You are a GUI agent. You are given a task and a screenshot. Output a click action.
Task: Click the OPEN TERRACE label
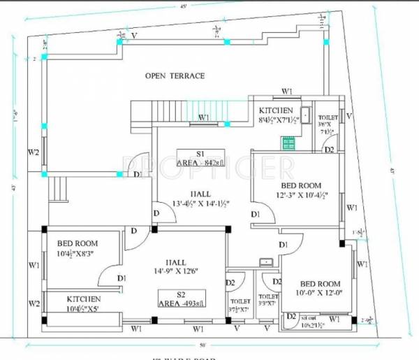click(x=175, y=75)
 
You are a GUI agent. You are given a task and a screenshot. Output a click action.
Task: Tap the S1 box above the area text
click(x=200, y=153)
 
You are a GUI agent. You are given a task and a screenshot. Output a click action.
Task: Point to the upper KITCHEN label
click(x=276, y=111)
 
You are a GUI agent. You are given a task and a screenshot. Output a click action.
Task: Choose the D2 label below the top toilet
click(x=329, y=150)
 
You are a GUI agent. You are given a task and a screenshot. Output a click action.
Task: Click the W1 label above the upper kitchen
click(x=286, y=92)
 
